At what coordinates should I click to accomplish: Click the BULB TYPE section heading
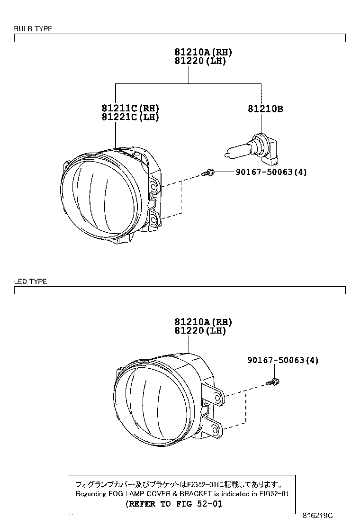pos(33,29)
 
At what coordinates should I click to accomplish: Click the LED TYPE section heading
pos(30,282)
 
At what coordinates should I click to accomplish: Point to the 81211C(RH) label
pos(130,109)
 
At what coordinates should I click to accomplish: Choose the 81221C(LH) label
pos(130,117)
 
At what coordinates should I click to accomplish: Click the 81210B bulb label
pos(265,109)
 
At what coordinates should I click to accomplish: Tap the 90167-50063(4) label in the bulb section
pos(271,172)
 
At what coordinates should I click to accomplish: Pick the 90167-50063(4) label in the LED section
pos(283,361)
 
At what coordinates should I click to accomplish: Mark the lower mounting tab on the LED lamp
pos(215,429)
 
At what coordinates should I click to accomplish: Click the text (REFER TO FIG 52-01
pos(173,504)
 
